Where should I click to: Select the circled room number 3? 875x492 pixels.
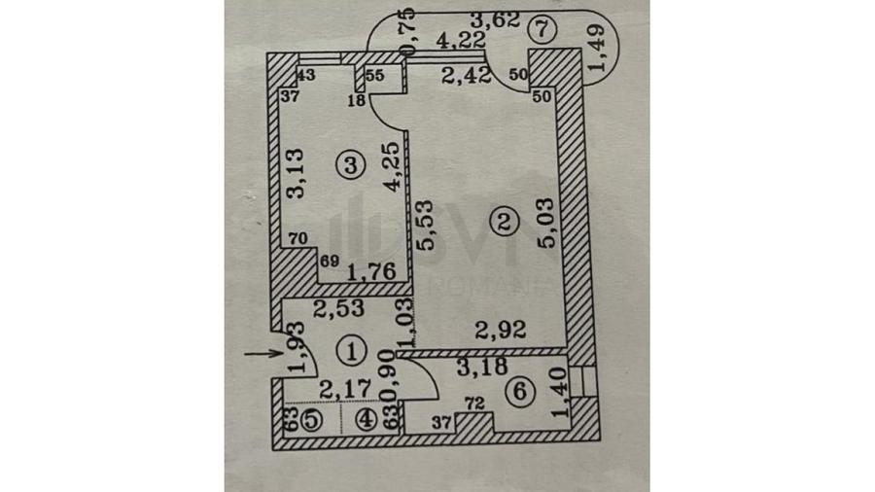pos(351,165)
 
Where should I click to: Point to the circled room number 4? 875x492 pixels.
pos(366,421)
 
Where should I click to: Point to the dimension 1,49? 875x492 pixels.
pos(600,51)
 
